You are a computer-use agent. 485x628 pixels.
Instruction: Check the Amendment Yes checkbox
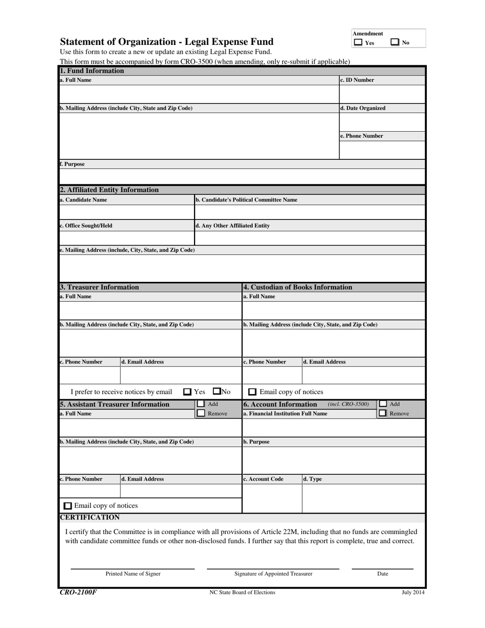tap(358, 43)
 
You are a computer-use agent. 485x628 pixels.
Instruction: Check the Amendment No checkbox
tap(395, 43)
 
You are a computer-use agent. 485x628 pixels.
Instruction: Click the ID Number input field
tap(382, 94)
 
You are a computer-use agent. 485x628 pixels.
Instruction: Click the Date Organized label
tap(363, 108)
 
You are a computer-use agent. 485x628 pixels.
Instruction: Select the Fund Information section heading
tap(92, 71)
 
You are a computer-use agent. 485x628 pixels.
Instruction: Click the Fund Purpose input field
tap(242, 176)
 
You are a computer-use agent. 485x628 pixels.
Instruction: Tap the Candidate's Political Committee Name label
tap(246, 200)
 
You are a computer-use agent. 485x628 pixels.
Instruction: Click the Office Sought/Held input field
tap(127, 238)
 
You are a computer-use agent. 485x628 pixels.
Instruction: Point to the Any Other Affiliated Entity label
tap(233, 225)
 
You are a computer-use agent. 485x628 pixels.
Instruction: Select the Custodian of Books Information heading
tap(298, 287)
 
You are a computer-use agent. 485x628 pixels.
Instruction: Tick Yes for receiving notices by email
tap(187, 392)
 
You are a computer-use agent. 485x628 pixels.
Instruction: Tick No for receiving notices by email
tap(216, 392)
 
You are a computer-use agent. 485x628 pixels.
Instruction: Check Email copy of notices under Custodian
tap(252, 392)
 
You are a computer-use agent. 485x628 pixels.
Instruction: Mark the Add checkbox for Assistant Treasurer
tap(201, 404)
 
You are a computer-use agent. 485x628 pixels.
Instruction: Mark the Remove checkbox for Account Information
tap(382, 413)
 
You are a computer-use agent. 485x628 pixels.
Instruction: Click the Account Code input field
tap(272, 498)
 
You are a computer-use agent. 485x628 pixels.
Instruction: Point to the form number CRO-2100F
tap(78, 592)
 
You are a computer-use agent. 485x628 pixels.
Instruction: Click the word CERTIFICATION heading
tap(90, 517)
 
